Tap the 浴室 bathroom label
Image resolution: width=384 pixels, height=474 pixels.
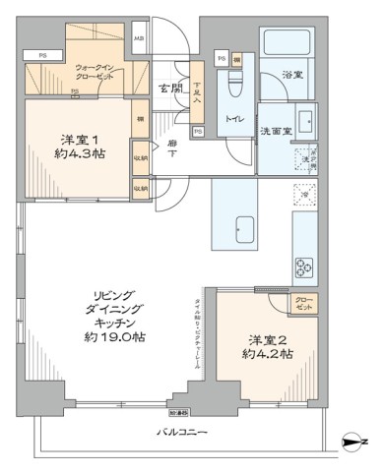coord(291,74)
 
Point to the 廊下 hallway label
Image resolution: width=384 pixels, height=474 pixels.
coord(172,148)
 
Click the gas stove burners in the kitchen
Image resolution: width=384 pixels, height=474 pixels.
coord(302,267)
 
